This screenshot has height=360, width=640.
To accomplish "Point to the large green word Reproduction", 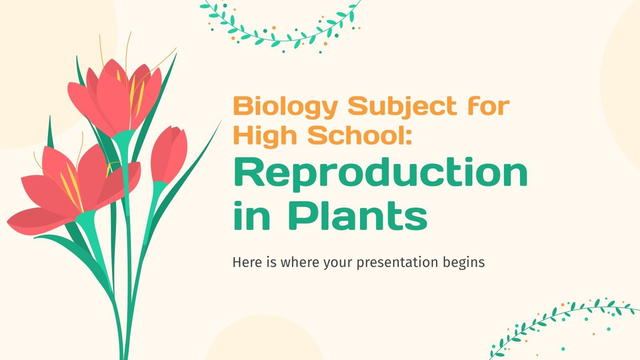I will tap(380, 173).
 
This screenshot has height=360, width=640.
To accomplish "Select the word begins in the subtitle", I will tap(464, 263).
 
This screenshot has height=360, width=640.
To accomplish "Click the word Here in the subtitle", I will tap(247, 262).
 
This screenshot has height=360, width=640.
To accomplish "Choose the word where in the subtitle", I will tap(300, 262).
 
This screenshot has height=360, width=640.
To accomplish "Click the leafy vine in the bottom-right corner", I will tap(560, 324).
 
